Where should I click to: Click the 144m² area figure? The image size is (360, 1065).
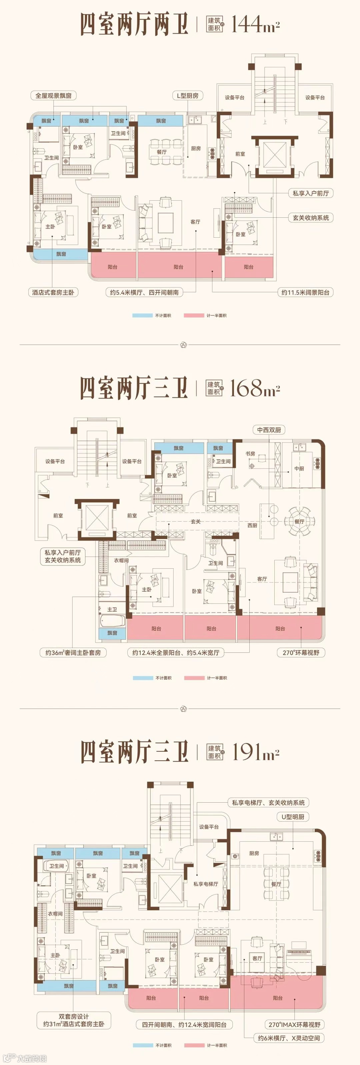pos(255,24)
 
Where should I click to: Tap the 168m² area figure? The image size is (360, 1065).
pos(255,388)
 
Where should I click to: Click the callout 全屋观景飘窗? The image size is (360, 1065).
pos(53,96)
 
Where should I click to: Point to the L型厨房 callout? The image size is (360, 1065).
pos(187,96)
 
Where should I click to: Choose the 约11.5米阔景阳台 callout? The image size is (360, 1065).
pos(305,292)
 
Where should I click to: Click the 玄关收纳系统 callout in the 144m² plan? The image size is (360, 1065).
pos(310,217)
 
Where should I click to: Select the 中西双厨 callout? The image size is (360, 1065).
pos(269,430)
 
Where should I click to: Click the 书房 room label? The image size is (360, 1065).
pos(250,454)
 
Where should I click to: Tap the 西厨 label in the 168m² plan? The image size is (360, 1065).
pos(252,525)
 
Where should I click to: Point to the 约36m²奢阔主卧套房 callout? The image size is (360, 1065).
pos(73,653)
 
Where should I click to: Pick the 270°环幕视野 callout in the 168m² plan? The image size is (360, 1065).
pos(301,653)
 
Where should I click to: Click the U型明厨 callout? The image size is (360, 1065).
pos(293,817)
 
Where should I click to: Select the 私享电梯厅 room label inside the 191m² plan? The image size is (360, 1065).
pos(205,884)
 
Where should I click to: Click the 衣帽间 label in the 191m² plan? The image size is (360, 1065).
pos(55,914)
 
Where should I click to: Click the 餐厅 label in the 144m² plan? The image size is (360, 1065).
pos(162,152)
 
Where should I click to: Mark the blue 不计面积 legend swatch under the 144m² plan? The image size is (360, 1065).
pos(143,315)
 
